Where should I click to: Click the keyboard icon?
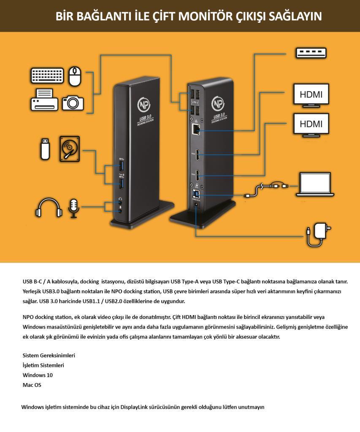pos(47,76)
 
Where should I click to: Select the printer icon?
pos(44,100)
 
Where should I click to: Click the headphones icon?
pos(46,208)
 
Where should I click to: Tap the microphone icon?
pos(73,208)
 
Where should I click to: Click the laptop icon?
pos(315,184)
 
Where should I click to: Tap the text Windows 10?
pos(38,375)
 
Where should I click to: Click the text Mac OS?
pos(32,385)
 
